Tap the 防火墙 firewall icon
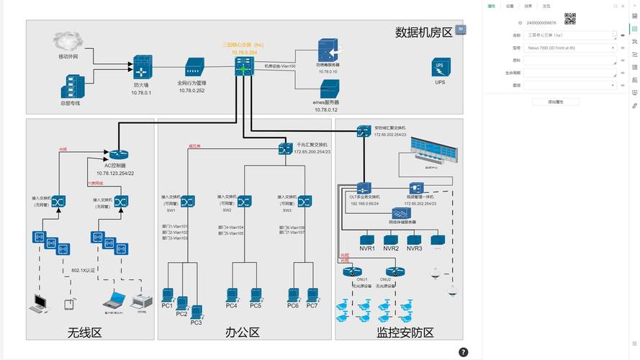142,68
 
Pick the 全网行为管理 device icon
194,69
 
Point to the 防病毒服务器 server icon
329,50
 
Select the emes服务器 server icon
329,89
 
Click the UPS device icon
441,68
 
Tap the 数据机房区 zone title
423,32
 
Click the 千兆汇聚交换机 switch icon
285,149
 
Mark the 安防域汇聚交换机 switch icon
364,130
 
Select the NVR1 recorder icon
367,239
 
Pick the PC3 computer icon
196,311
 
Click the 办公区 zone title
242,332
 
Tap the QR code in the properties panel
570,18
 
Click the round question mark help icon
463,352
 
